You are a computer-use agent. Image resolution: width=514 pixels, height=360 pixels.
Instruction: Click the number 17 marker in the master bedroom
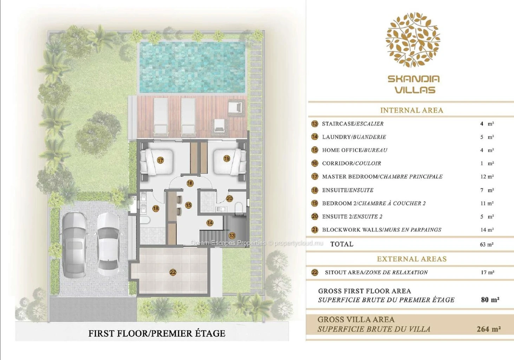coord(161,160)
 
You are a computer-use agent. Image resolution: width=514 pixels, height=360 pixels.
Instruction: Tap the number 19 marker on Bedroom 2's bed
coord(227,159)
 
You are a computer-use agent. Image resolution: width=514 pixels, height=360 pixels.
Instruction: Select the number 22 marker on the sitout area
coord(173,272)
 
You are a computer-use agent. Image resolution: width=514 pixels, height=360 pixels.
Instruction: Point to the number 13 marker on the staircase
coord(232,236)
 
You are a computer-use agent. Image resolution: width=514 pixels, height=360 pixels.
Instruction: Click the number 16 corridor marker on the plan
coord(190,183)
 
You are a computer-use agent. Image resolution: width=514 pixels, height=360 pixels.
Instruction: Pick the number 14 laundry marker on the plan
coord(210,223)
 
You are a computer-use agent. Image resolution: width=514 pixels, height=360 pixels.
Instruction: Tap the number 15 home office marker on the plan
coord(188,205)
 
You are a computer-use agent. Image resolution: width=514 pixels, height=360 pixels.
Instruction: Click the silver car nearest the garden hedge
coord(75,244)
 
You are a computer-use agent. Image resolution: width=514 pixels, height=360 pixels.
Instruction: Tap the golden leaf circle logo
coord(413,40)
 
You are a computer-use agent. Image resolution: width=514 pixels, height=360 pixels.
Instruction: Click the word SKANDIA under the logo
coord(414,79)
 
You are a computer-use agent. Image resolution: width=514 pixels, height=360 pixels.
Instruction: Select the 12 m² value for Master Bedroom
coord(487,176)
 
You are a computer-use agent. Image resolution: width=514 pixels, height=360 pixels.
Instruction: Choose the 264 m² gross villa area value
coord(489,329)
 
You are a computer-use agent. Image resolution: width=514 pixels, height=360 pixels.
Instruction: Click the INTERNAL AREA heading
coord(411,110)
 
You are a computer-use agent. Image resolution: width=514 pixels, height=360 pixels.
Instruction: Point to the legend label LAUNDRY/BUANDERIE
coord(354,137)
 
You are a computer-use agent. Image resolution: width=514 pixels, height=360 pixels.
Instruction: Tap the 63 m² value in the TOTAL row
coord(487,244)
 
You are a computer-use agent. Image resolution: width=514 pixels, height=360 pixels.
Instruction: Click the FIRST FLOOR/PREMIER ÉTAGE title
coord(157,333)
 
